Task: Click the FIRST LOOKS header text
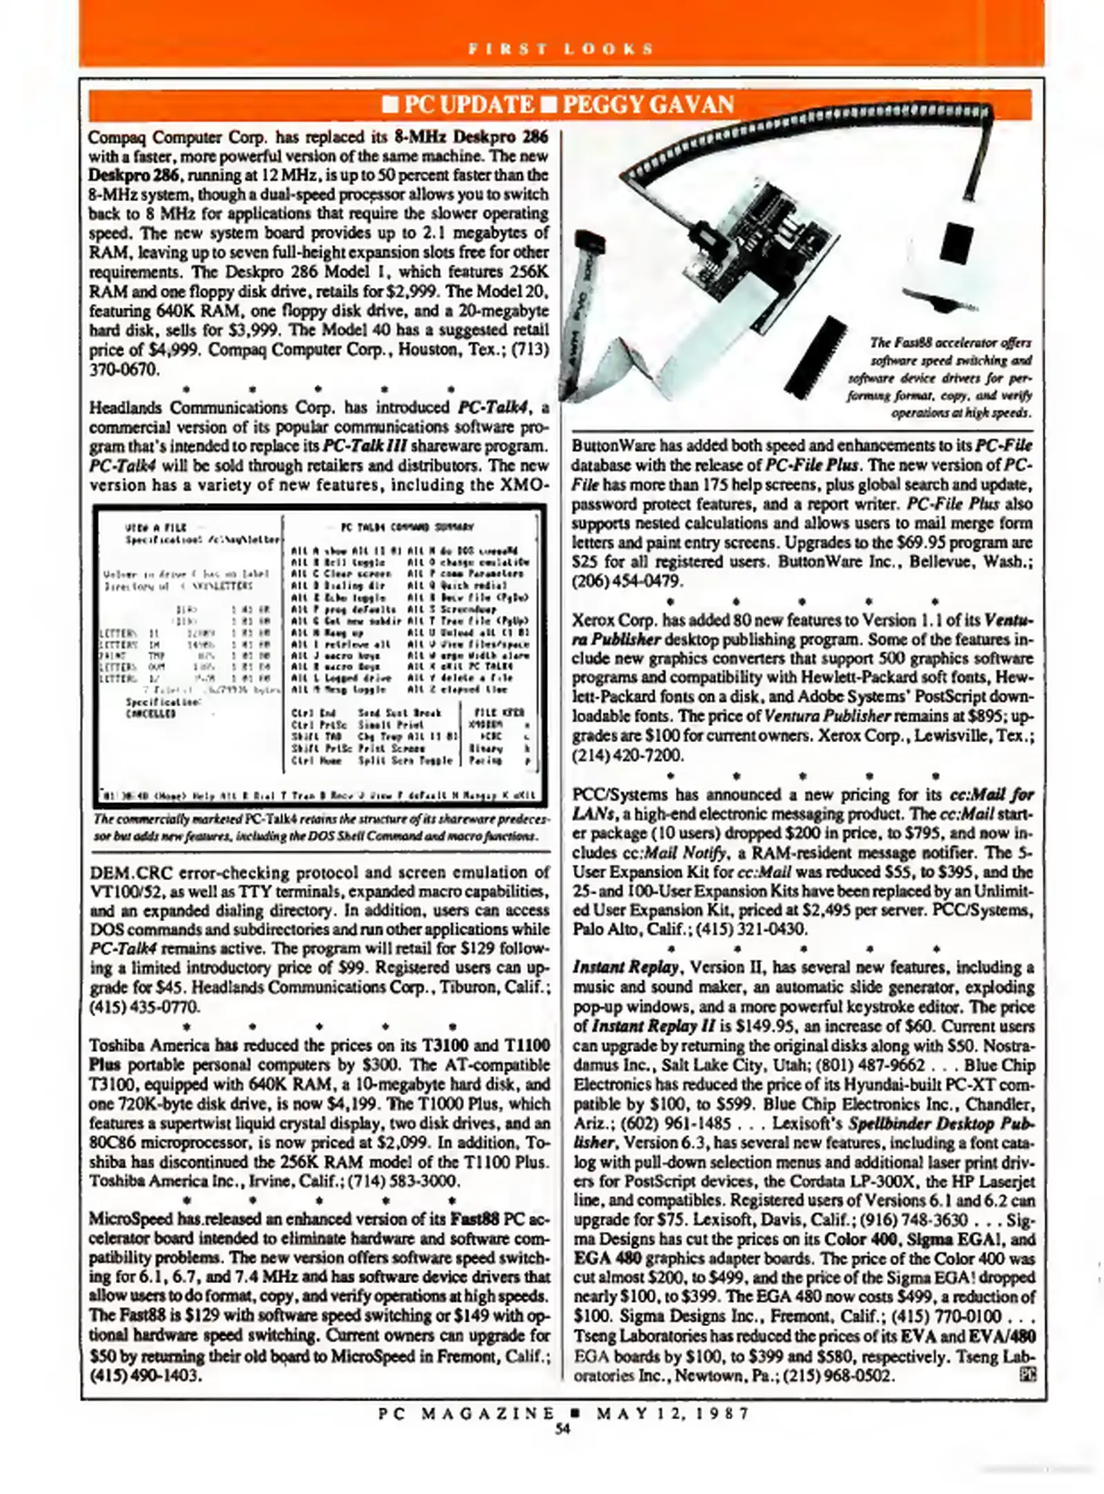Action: [x=561, y=48]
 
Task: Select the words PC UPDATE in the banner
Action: [x=467, y=104]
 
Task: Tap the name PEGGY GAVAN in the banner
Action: [x=648, y=104]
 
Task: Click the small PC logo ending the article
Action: [x=1026, y=1374]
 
